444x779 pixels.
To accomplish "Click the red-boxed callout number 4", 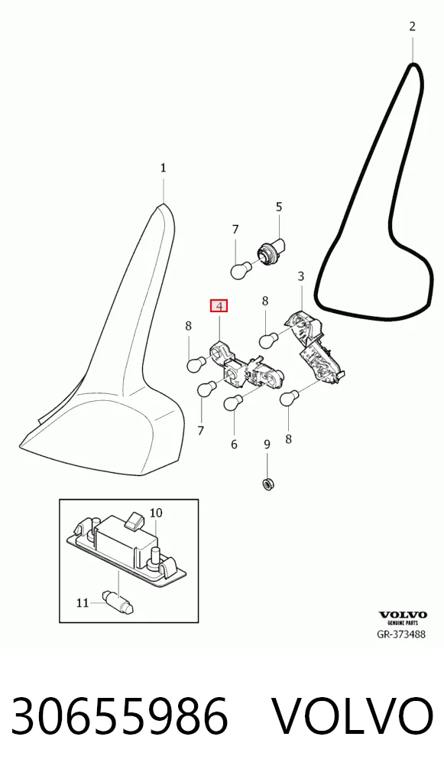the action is tap(219, 305).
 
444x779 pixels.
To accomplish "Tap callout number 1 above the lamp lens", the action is tap(164, 168).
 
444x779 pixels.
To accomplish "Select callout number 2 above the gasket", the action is tap(412, 26).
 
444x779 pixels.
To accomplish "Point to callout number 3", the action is tap(301, 276).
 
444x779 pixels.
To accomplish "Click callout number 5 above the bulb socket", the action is tap(279, 207).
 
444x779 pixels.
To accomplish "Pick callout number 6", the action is tap(234, 444).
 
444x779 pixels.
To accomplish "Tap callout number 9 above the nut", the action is tap(267, 444).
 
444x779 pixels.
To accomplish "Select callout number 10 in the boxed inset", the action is tap(156, 512).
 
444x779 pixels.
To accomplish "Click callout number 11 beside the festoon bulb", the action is tap(83, 603).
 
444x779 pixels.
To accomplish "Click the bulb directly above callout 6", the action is tap(232, 403).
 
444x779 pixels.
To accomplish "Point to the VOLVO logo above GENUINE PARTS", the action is tap(402, 615).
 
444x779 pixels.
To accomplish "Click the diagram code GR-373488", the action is tap(401, 634).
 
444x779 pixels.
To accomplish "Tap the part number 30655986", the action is tap(119, 716).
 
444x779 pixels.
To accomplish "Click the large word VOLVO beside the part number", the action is tap(353, 716).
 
